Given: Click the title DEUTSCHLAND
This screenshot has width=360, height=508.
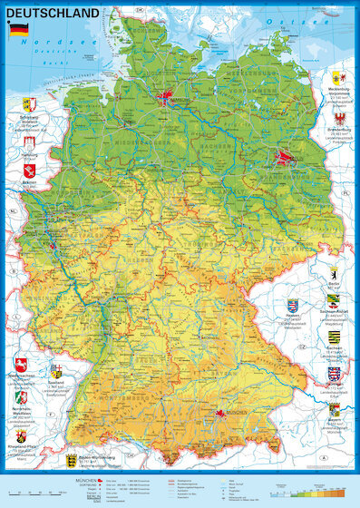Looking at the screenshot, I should (54, 14).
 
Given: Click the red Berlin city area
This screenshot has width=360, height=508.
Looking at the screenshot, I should (284, 160).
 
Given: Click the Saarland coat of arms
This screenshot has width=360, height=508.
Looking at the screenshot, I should (55, 371).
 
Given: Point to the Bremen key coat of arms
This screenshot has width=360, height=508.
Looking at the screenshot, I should (27, 170).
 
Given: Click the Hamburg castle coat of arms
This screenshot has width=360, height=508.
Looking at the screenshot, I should (27, 141).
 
